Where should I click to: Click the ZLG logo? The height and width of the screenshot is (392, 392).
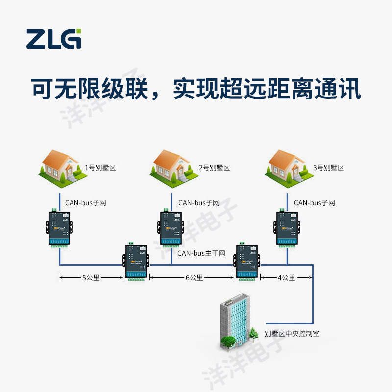coord(53,39)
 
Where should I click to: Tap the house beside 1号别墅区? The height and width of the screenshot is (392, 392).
coord(61,168)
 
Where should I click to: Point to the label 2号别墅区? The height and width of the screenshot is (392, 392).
coord(214,168)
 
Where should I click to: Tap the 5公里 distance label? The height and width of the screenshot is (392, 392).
coord(91,278)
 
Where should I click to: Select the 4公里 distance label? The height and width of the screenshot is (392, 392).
coord(286,278)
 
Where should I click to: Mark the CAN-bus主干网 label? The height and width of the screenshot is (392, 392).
coord(201,253)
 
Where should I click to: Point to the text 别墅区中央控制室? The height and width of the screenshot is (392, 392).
coord(292,334)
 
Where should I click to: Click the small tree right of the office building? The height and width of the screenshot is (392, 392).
coord(253,335)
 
